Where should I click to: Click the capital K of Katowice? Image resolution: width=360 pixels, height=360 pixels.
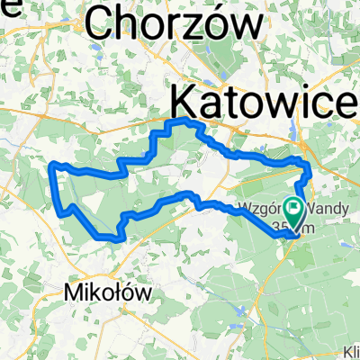point(184,97)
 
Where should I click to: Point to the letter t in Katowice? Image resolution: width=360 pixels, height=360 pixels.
point(235,97)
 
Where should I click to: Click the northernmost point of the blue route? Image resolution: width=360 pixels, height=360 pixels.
point(186,120)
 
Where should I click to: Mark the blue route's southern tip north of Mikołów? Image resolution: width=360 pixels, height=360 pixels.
point(118,239)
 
